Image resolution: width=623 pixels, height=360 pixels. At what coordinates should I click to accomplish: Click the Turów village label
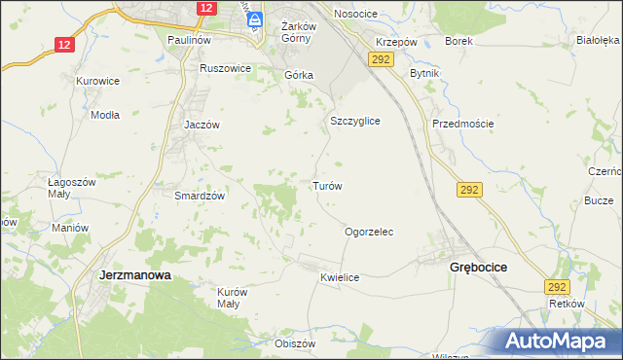pyautogui.click(x=326, y=185)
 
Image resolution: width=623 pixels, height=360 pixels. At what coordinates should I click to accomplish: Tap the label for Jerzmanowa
pyautogui.click(x=135, y=275)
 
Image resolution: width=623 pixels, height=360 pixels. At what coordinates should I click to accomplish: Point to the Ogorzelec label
pyautogui.click(x=369, y=233)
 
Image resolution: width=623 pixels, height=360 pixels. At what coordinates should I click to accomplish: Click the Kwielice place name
pyautogui.click(x=340, y=277)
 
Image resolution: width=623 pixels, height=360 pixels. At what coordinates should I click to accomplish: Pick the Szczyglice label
pyautogui.click(x=354, y=121)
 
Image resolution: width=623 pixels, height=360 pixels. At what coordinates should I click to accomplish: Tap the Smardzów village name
pyautogui.click(x=200, y=195)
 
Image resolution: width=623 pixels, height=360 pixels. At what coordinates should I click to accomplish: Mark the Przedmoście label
pyautogui.click(x=463, y=124)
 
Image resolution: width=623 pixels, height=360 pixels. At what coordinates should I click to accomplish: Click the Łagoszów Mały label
pyautogui.click(x=72, y=188)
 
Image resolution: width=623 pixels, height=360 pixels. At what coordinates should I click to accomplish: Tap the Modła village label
pyautogui.click(x=104, y=114)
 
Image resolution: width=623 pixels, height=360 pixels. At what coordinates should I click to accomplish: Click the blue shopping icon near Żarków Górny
pyautogui.click(x=255, y=18)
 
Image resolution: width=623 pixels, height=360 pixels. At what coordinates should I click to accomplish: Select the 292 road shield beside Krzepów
pyautogui.click(x=380, y=60)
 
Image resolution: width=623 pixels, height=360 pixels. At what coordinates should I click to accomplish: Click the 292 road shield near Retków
pyautogui.click(x=557, y=287)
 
